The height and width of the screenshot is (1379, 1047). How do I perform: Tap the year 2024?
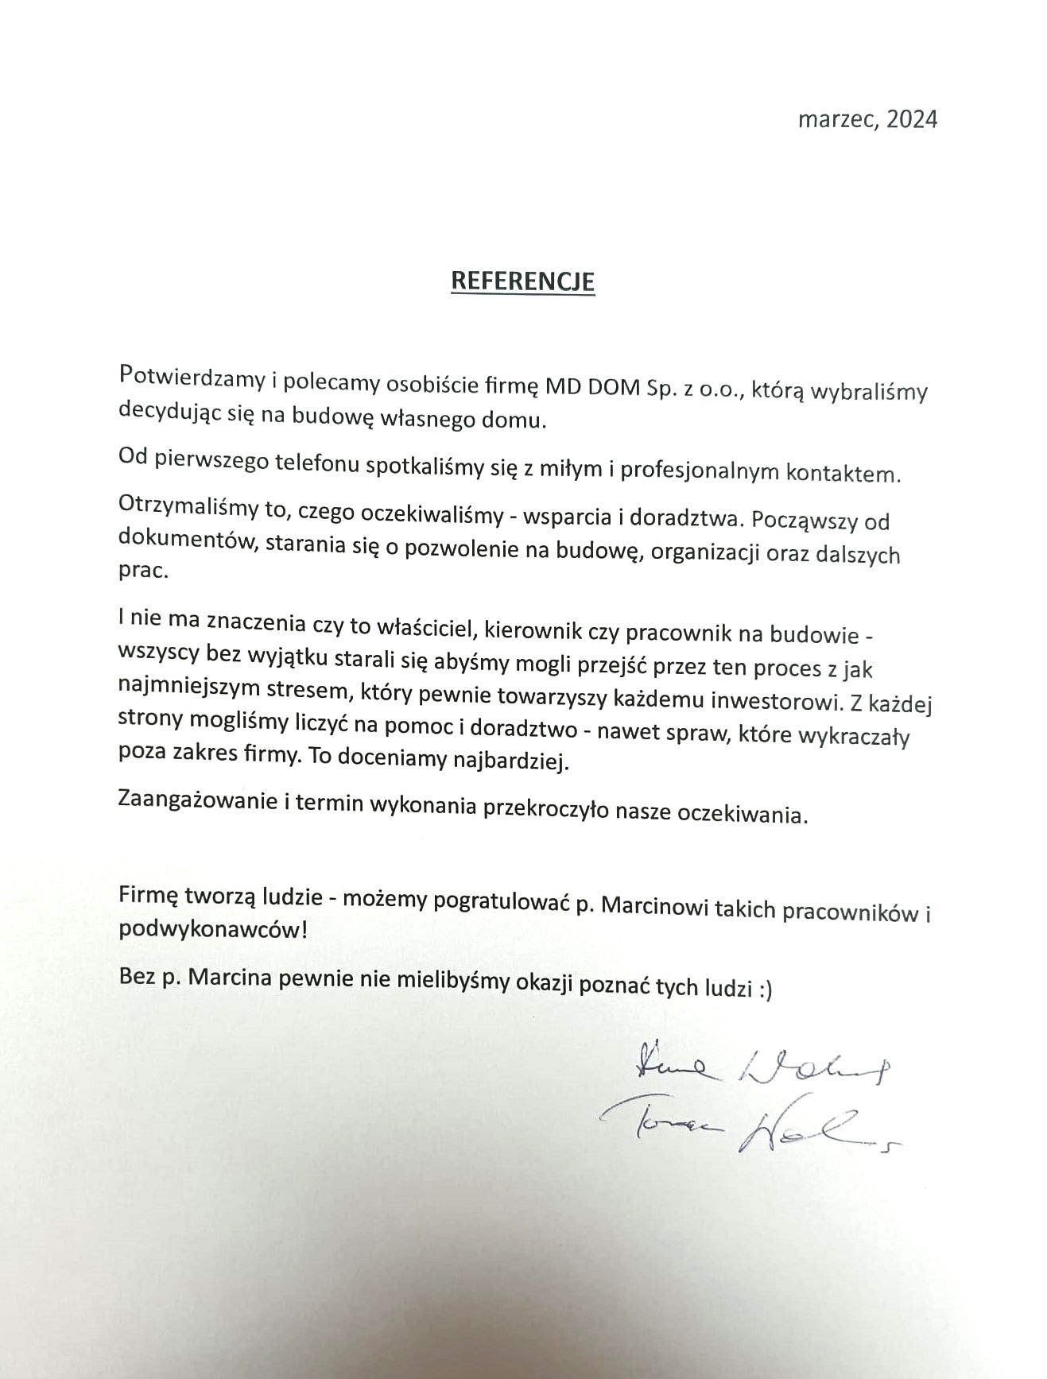912,119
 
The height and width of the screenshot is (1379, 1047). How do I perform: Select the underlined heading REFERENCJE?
522,281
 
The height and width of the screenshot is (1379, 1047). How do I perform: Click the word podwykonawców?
212,929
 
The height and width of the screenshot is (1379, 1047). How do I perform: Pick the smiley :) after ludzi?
764,990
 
